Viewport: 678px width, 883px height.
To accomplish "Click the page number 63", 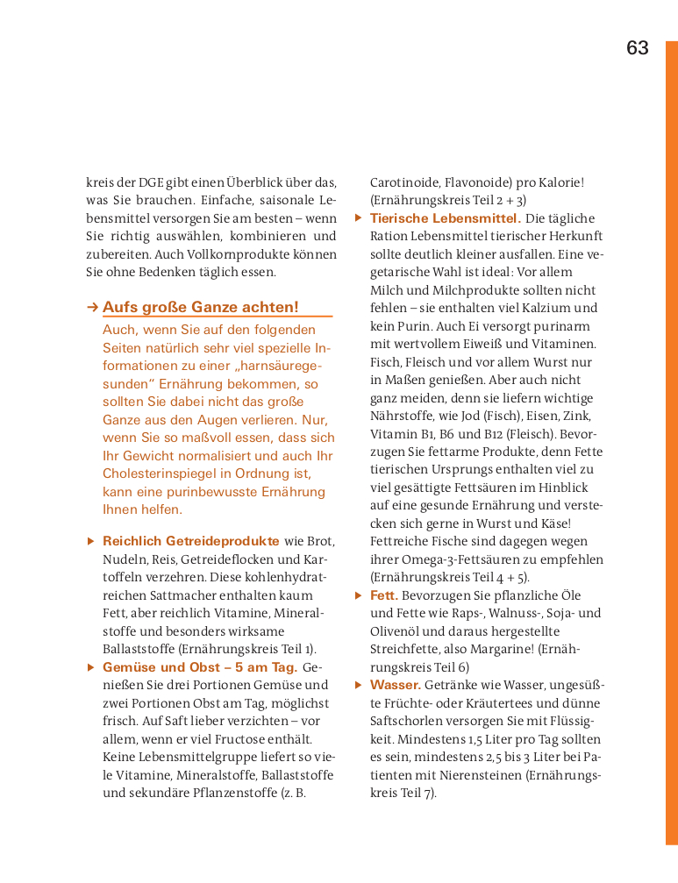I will pos(638,48).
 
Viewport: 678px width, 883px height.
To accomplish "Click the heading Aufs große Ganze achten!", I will pos(201,307).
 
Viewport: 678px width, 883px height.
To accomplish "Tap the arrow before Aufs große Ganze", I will pos(91,307).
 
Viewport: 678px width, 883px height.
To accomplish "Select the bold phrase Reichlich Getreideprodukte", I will pos(191,541).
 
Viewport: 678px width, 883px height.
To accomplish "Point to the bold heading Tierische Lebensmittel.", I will pos(446,218).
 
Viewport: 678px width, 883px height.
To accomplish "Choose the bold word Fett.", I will pos(384,595).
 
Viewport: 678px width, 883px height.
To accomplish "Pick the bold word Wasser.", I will pos(396,685).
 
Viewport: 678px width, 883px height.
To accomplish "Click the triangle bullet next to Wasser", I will pos(358,685).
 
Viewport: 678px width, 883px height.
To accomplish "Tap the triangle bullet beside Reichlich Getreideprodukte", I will pos(91,541).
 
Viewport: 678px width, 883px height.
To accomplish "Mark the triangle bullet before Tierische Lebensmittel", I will pos(358,218).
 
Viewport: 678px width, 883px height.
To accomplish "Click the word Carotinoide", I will pos(404,182).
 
